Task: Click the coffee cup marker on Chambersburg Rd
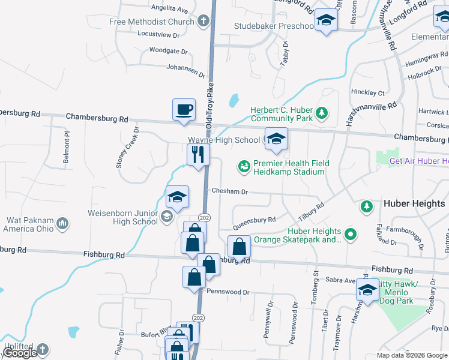coord(184,110)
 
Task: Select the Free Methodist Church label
coord(152,22)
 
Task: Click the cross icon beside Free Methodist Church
coord(203,22)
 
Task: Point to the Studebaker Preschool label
coord(274,26)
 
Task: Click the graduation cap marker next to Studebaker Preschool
coord(326,20)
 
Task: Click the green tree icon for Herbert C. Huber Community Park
coord(322,112)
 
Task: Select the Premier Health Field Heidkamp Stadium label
coord(289,167)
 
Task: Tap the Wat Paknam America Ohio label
coord(28,224)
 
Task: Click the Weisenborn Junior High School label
coord(122,217)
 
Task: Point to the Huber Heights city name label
coord(414,204)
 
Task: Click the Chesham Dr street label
coord(229,191)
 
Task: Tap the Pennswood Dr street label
coord(228,292)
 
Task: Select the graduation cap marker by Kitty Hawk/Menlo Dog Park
coord(366,290)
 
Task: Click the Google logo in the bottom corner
coord(20,353)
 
